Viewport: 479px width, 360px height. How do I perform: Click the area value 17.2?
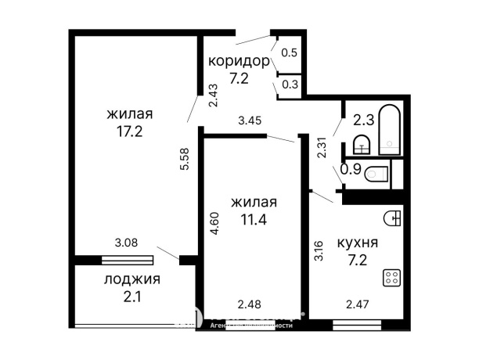(x=129, y=132)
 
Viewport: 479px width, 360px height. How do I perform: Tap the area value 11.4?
(x=254, y=220)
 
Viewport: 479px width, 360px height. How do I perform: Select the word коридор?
(x=239, y=60)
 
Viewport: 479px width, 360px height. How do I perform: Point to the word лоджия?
(x=131, y=279)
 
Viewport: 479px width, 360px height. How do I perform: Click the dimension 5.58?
(x=185, y=160)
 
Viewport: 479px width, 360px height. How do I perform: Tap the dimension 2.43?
(x=213, y=95)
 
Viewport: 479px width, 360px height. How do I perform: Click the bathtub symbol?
(x=391, y=131)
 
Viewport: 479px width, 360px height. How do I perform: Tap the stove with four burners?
(x=391, y=277)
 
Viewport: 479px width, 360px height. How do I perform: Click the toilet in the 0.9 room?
(x=378, y=174)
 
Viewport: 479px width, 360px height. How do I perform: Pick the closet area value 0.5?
(x=289, y=53)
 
